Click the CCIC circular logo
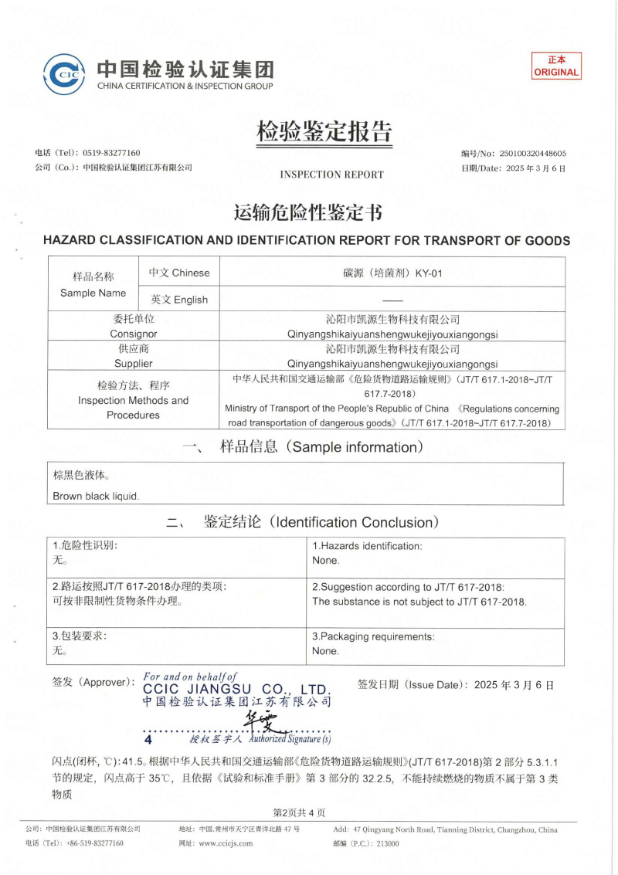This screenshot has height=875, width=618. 64,75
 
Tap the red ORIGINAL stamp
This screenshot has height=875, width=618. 556,66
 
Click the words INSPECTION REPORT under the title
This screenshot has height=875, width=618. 331,175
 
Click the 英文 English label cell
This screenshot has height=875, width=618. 179,300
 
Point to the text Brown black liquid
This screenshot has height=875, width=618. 96,497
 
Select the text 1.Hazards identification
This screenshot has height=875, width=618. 367,546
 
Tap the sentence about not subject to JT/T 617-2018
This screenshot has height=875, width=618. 419,602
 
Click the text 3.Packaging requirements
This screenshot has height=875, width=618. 373,637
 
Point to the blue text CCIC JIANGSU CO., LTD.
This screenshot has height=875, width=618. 236,689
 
